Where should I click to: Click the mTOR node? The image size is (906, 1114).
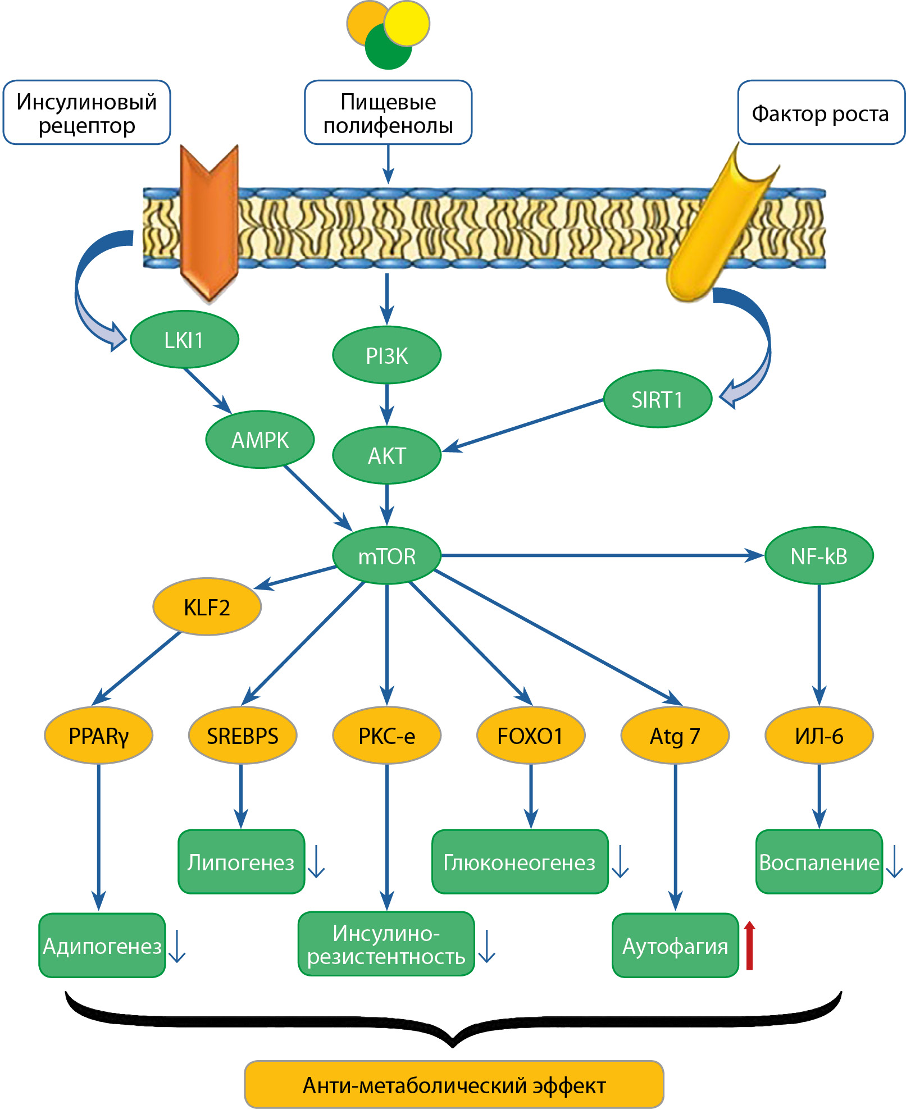pyautogui.click(x=386, y=555)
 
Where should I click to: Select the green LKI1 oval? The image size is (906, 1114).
pyautogui.click(x=184, y=340)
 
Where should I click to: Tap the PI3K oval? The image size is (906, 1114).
pyautogui.click(x=386, y=355)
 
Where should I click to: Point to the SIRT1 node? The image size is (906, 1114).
pyautogui.click(x=657, y=399)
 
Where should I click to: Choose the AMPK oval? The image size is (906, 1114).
pyautogui.click(x=260, y=440)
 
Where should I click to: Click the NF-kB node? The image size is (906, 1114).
pyautogui.click(x=819, y=556)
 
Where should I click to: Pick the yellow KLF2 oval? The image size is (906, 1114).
pyautogui.click(x=207, y=607)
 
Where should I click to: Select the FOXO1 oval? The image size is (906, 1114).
pyautogui.click(x=531, y=736)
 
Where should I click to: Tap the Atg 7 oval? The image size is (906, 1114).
pyautogui.click(x=675, y=736)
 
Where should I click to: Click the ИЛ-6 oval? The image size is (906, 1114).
pyautogui.click(x=819, y=736)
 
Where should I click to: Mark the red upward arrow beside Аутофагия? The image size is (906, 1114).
pyautogui.click(x=749, y=946)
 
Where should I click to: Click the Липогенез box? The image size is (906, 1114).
pyautogui.click(x=241, y=862)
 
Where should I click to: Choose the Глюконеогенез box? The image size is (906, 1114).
pyautogui.click(x=520, y=862)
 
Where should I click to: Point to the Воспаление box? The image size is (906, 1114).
pyautogui.click(x=819, y=862)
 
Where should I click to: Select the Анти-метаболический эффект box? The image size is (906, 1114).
pyautogui.click(x=454, y=1085)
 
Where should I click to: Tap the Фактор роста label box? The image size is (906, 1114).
pyautogui.click(x=821, y=113)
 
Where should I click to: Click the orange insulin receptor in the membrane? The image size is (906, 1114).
pyautogui.click(x=209, y=225)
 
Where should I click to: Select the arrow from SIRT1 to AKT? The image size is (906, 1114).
pyautogui.click(x=522, y=425)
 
